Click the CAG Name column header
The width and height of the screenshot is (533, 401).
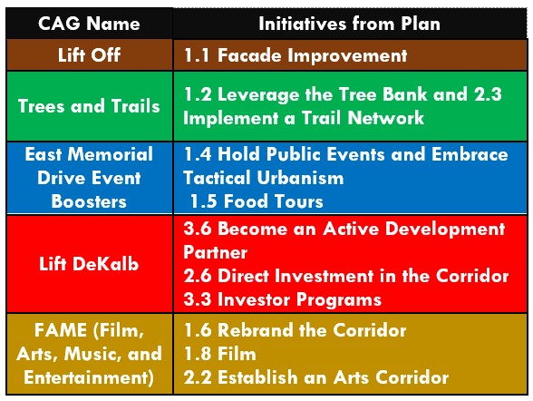89,24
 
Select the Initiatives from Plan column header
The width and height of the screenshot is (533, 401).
350,24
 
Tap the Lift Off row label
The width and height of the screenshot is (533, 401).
89,55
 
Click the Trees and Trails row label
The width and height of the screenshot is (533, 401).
89,106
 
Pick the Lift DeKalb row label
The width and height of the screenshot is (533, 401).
89,264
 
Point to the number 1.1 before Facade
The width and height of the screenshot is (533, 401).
197,55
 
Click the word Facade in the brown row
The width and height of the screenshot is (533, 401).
249,55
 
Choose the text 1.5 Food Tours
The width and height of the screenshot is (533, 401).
257,201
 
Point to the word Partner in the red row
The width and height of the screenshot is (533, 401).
215,252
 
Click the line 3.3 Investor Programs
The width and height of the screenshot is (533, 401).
283,299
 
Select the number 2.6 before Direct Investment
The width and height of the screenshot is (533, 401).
198,276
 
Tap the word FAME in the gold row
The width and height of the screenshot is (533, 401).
60,330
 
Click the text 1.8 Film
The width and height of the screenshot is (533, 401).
220,354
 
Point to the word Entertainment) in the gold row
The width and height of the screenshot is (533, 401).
89,377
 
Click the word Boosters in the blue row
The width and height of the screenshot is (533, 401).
89,201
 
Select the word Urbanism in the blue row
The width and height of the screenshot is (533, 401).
300,178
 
